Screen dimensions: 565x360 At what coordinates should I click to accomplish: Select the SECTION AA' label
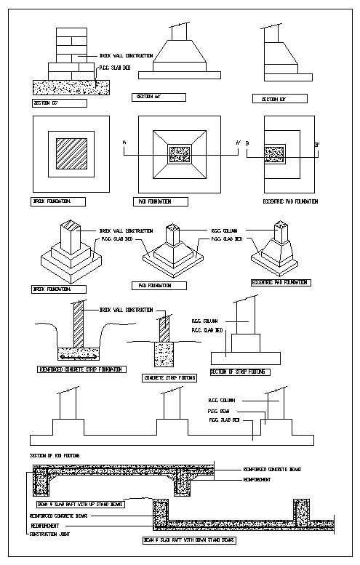coord(159,97)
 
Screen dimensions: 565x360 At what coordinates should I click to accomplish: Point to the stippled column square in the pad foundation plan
coord(179,153)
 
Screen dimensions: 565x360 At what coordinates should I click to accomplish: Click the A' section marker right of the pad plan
coord(238,143)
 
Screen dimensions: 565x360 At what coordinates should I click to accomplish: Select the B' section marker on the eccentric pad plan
coord(317,145)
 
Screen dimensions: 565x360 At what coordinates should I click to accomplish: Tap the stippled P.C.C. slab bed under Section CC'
coord(65,86)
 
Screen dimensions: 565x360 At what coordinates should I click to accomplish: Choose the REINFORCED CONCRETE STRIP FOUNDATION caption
coord(81,369)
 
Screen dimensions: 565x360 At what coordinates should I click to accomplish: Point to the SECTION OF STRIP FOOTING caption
coord(239,372)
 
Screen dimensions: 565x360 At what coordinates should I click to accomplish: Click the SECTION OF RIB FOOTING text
coord(55,455)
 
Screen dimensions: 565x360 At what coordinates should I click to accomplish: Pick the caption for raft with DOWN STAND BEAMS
coord(189,540)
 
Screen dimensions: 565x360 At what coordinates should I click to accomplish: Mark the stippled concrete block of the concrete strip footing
coord(166,355)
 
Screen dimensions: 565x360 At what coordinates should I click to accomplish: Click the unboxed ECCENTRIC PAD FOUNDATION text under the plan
coord(289,201)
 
